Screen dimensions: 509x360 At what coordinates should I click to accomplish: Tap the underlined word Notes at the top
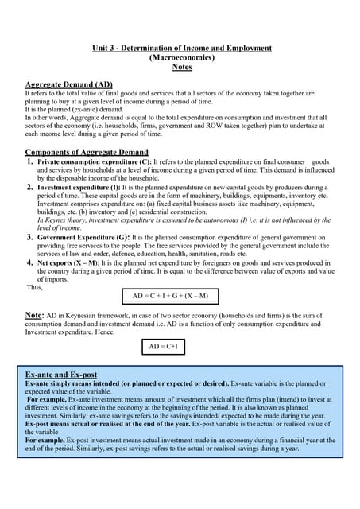pyautogui.click(x=181, y=67)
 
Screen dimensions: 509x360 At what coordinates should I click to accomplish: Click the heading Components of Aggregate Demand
pyautogui.click(x=87, y=151)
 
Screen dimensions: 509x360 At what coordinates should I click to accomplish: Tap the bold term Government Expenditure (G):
pyautogui.click(x=82, y=237)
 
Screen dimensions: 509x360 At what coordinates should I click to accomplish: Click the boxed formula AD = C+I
pyautogui.click(x=165, y=346)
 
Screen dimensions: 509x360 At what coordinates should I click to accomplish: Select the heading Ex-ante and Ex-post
pyautogui.click(x=61, y=374)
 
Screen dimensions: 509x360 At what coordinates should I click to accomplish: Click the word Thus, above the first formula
pyautogui.click(x=34, y=287)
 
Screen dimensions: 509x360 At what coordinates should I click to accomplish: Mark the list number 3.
pyautogui.click(x=30, y=237)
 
